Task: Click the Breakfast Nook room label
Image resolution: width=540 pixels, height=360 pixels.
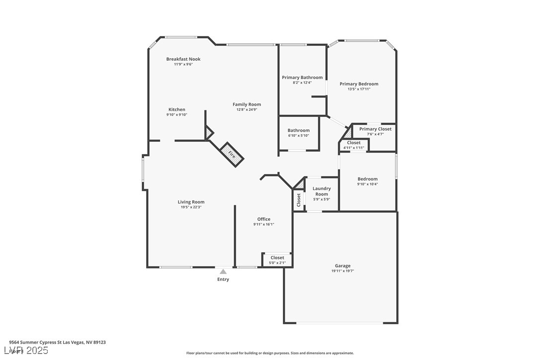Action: pos(183,59)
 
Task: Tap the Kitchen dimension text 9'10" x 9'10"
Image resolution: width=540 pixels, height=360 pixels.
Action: pos(177,115)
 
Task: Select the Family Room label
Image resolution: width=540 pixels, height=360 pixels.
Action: pos(247,104)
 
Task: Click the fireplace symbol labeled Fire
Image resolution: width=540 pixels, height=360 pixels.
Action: pos(232,154)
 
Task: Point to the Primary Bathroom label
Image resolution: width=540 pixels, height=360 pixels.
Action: pos(302,78)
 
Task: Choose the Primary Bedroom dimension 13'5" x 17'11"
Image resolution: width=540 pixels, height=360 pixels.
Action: pos(359,89)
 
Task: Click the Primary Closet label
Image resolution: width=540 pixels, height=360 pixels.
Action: pos(375,129)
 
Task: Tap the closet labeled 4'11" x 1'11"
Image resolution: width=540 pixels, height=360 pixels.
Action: pos(354,148)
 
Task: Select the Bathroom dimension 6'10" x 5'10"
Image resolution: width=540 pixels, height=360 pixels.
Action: pos(298,136)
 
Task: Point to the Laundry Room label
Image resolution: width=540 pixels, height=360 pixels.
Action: pos(321,191)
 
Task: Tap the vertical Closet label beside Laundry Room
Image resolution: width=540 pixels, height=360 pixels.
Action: pos(299,200)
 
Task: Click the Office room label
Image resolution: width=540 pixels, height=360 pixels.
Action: pos(264,219)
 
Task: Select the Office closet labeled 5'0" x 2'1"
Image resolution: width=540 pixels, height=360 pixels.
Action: pos(277,263)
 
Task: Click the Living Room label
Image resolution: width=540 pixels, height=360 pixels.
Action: pos(191,202)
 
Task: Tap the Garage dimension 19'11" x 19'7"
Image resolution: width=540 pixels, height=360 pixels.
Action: pos(342,271)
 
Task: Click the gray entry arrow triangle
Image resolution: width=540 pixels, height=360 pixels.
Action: pos(223,271)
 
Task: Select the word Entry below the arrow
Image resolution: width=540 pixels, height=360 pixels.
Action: pos(223,279)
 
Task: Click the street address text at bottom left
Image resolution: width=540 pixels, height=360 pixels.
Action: pos(57,342)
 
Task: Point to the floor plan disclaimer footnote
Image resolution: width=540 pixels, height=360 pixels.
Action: pos(270,353)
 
